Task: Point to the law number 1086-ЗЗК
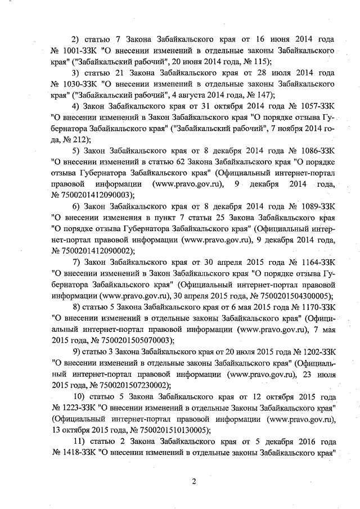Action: (x=314, y=150)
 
